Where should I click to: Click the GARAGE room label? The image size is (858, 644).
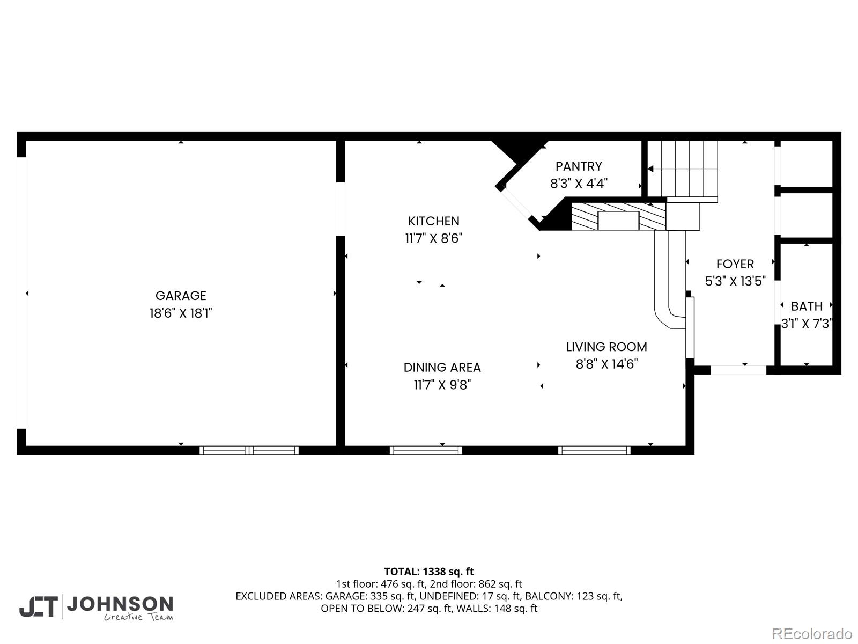181,296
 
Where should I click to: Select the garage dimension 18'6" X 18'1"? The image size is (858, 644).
181,313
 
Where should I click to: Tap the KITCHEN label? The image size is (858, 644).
433,221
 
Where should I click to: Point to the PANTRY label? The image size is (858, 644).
579,166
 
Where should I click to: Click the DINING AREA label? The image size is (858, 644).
442,368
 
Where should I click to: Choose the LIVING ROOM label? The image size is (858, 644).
606,347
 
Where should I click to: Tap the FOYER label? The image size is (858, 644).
735,264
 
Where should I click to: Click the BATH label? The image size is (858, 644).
807,306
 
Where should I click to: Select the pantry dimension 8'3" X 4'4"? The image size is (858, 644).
579,184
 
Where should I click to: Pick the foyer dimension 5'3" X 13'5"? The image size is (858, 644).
735,281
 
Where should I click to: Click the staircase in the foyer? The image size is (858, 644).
682,169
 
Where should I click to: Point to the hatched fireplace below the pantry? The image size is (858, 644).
618,216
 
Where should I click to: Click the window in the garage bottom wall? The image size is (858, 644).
249,450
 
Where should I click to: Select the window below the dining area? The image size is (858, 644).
426,450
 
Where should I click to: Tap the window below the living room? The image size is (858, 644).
594,450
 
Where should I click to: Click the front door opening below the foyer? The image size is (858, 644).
738,370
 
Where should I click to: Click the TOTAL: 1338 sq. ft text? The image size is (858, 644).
429,572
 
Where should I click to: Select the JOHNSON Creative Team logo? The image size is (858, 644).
97,607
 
